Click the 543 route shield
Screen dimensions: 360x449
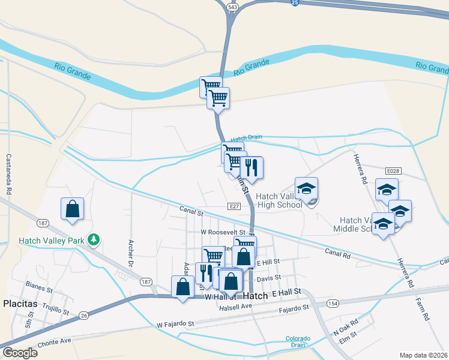(x=232, y=6)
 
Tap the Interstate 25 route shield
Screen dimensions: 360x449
(x=294, y=3)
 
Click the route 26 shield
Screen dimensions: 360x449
(x=83, y=315)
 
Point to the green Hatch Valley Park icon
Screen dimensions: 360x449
(x=93, y=240)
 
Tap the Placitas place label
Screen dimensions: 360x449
(x=20, y=304)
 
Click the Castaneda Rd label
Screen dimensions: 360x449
(x=8, y=174)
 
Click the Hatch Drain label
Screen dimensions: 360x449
(x=246, y=137)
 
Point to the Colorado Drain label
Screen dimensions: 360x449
(x=298, y=341)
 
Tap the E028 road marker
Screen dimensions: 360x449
(x=393, y=171)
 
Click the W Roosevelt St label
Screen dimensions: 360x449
(x=223, y=232)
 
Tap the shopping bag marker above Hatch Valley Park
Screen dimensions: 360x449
(x=72, y=209)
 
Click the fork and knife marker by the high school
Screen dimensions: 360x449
(x=252, y=167)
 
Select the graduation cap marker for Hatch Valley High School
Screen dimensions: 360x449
(x=306, y=188)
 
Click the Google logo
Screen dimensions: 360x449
(x=20, y=353)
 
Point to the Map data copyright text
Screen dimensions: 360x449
(x=424, y=355)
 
